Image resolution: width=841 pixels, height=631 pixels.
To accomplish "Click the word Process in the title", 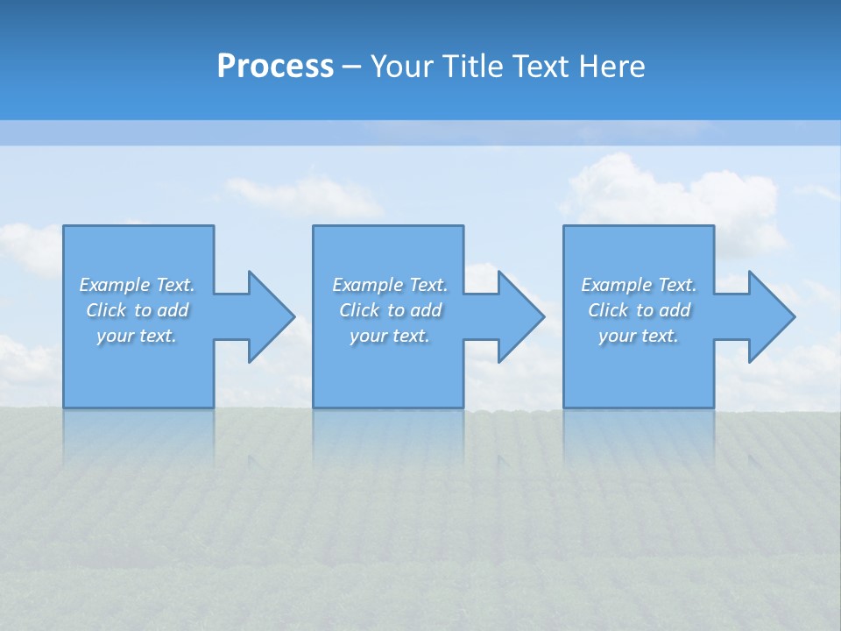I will click(275, 67).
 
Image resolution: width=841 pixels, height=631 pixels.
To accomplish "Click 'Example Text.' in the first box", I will click(137, 285).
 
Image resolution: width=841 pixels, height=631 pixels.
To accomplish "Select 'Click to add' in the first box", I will click(137, 310).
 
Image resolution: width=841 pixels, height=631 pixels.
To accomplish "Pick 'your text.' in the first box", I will click(137, 336).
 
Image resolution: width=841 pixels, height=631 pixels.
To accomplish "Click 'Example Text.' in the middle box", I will click(390, 285).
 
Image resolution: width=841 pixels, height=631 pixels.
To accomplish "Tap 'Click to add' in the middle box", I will click(390, 310).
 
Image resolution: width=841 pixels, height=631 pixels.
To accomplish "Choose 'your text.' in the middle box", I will click(390, 336).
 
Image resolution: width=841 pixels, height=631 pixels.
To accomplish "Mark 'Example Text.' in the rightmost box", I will click(639, 285).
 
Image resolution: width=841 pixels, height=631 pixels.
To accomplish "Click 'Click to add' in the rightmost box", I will click(639, 310).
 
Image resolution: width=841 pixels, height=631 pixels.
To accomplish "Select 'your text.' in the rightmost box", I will click(639, 336).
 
